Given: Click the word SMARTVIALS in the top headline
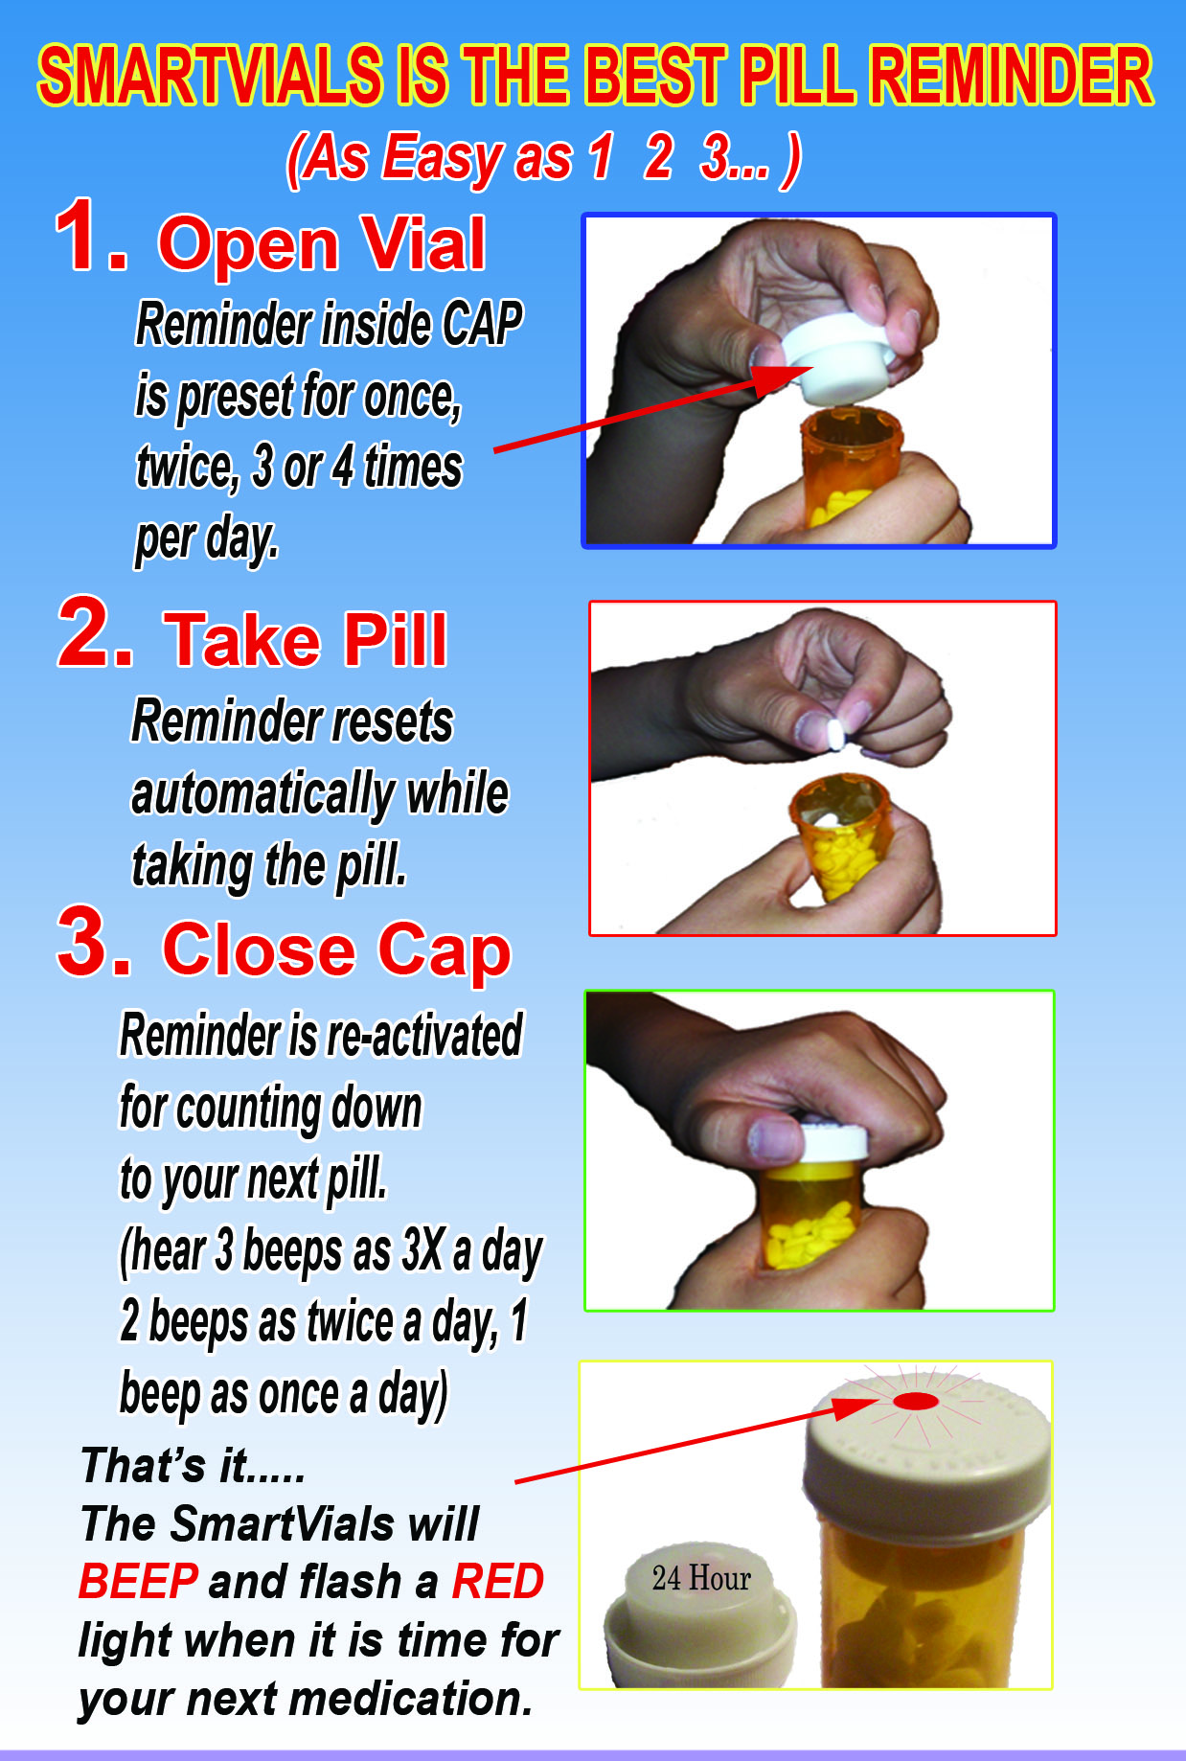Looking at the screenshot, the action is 210,76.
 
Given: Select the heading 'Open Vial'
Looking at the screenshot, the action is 322,243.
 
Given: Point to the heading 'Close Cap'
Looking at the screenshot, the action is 336,950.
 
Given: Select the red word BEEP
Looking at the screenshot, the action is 138,1581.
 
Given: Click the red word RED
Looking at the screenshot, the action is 497,1581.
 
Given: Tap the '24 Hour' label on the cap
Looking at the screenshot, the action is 701,1578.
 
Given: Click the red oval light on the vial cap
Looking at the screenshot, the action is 915,1402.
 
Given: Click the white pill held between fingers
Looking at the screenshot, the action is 835,733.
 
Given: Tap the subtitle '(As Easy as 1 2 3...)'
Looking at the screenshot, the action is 543,159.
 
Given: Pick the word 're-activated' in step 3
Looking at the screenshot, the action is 424,1035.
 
